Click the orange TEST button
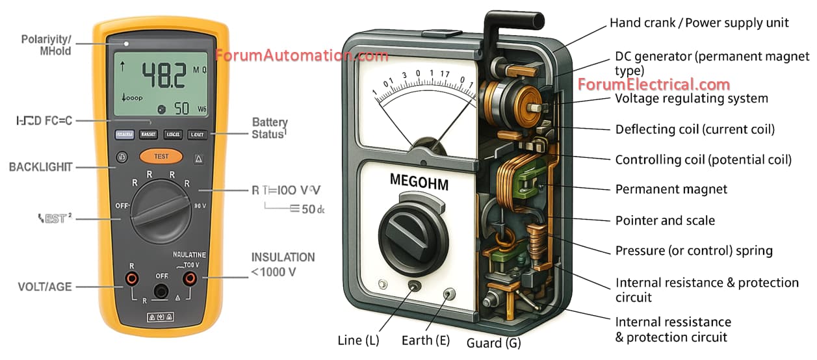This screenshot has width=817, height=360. pyautogui.click(x=161, y=157)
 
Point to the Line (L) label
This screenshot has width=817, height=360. pyautogui.click(x=358, y=340)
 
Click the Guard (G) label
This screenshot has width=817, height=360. pyautogui.click(x=494, y=342)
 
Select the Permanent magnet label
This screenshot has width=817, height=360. pyautogui.click(x=671, y=190)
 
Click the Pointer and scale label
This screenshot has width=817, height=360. pyautogui.click(x=665, y=220)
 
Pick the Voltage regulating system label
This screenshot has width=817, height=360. pyautogui.click(x=692, y=99)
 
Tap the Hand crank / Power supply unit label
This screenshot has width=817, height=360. pyautogui.click(x=699, y=23)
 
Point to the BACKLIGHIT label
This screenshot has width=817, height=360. pyautogui.click(x=40, y=167)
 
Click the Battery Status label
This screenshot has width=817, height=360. pyautogui.click(x=269, y=128)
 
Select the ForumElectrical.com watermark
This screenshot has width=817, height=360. pyautogui.click(x=654, y=84)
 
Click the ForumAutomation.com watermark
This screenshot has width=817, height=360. pyautogui.click(x=302, y=55)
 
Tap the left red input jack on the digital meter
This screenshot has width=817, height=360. pyautogui.click(x=132, y=279)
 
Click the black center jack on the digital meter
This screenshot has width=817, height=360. pyautogui.click(x=161, y=290)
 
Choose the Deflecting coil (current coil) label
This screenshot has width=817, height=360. pyautogui.click(x=695, y=129)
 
